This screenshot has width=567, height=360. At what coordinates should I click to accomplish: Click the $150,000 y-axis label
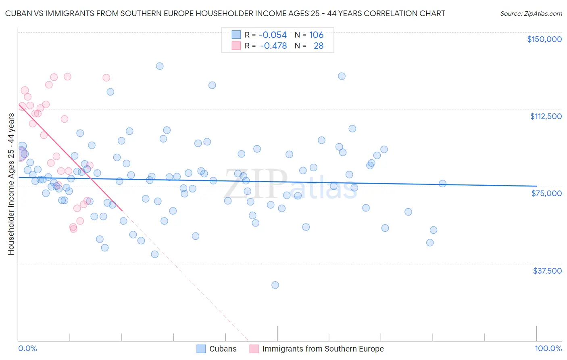(544, 39)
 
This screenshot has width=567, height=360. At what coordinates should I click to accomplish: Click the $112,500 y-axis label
(546, 116)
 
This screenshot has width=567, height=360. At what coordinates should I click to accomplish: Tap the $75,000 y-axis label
(546, 193)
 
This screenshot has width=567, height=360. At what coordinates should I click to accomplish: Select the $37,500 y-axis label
(547, 271)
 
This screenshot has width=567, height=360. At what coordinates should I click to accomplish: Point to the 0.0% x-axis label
(27, 348)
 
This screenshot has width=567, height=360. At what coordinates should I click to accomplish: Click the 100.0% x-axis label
(548, 348)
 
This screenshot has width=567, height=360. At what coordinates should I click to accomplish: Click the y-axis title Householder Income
(11, 184)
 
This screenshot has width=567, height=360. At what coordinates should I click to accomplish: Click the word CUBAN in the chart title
(17, 13)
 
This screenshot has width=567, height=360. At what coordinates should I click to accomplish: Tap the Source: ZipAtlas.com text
(531, 13)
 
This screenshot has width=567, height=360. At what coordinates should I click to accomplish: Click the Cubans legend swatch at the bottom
(201, 349)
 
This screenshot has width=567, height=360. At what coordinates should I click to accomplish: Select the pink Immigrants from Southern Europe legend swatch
(254, 349)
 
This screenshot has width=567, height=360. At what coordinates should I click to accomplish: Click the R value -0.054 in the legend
(273, 35)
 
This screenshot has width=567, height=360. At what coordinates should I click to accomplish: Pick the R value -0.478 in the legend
(273, 46)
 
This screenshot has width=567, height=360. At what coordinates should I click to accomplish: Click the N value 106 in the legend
(316, 35)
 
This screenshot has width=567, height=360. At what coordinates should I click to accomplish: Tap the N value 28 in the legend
(319, 46)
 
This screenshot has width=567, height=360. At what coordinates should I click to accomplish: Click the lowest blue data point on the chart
(275, 285)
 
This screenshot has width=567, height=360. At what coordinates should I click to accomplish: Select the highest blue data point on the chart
(160, 66)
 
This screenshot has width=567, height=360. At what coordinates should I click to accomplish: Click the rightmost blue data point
(442, 184)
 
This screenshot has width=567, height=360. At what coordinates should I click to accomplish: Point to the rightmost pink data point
(106, 77)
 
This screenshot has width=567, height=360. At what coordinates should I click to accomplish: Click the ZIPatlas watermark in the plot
(290, 185)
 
